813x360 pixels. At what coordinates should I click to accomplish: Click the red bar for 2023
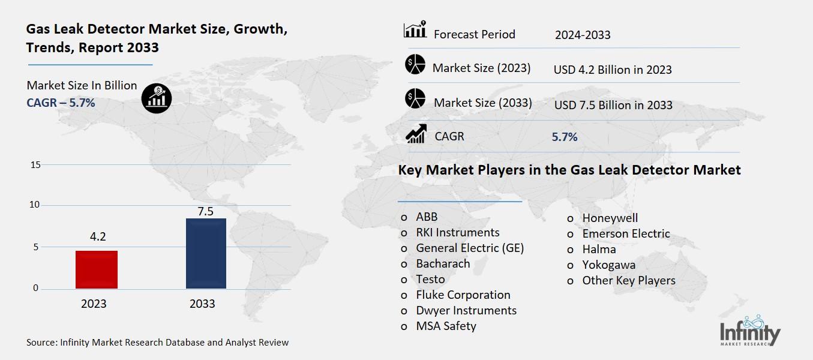pos(97,269)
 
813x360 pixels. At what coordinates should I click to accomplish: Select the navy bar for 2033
pos(206,253)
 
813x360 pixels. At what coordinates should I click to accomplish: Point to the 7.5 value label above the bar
pos(205,211)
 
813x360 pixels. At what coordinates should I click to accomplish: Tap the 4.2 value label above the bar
pos(97,236)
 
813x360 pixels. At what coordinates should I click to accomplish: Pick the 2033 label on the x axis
pos(202,304)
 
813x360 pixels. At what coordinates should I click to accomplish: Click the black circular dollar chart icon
pos(157,98)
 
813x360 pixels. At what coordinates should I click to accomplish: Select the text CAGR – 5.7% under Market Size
pos(61,103)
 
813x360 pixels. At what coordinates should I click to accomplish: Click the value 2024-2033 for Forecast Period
pos(583,35)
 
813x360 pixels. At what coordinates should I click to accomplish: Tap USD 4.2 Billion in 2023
pos(613,70)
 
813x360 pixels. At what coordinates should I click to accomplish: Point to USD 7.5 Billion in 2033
pos(613,105)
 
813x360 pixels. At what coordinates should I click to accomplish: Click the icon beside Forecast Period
pos(415,29)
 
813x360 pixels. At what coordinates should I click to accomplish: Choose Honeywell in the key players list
pos(610,218)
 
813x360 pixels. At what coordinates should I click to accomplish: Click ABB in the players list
pos(427,217)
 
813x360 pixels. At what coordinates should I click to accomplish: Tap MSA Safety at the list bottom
pos(446,326)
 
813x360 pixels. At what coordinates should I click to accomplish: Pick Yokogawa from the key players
pos(608,265)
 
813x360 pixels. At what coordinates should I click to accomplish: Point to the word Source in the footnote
pos(41,343)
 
